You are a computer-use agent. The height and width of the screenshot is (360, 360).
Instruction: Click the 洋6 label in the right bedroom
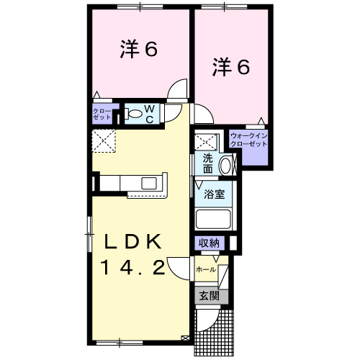point(230,67)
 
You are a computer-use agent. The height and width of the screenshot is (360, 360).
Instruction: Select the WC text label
point(150,113)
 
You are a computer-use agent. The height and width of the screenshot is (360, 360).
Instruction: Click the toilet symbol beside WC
point(134,112)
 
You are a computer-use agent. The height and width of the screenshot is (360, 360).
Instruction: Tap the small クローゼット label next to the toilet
point(102,112)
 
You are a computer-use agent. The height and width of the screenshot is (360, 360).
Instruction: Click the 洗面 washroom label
point(207,163)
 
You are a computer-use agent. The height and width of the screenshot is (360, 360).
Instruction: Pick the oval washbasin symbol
point(226,164)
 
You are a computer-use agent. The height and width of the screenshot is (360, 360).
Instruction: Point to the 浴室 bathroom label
point(214,194)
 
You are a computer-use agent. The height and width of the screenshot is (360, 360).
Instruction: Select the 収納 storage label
point(210,243)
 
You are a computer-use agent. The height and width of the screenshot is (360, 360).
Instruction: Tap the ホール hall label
point(206,269)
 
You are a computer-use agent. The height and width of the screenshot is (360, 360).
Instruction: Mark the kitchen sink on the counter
point(151,181)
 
